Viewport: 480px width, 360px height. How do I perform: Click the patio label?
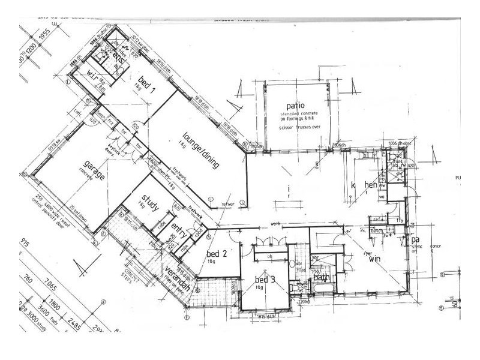295,106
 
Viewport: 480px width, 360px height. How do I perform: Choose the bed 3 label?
264,280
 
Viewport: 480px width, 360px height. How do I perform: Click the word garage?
95,169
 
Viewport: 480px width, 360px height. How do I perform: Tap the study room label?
151,202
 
